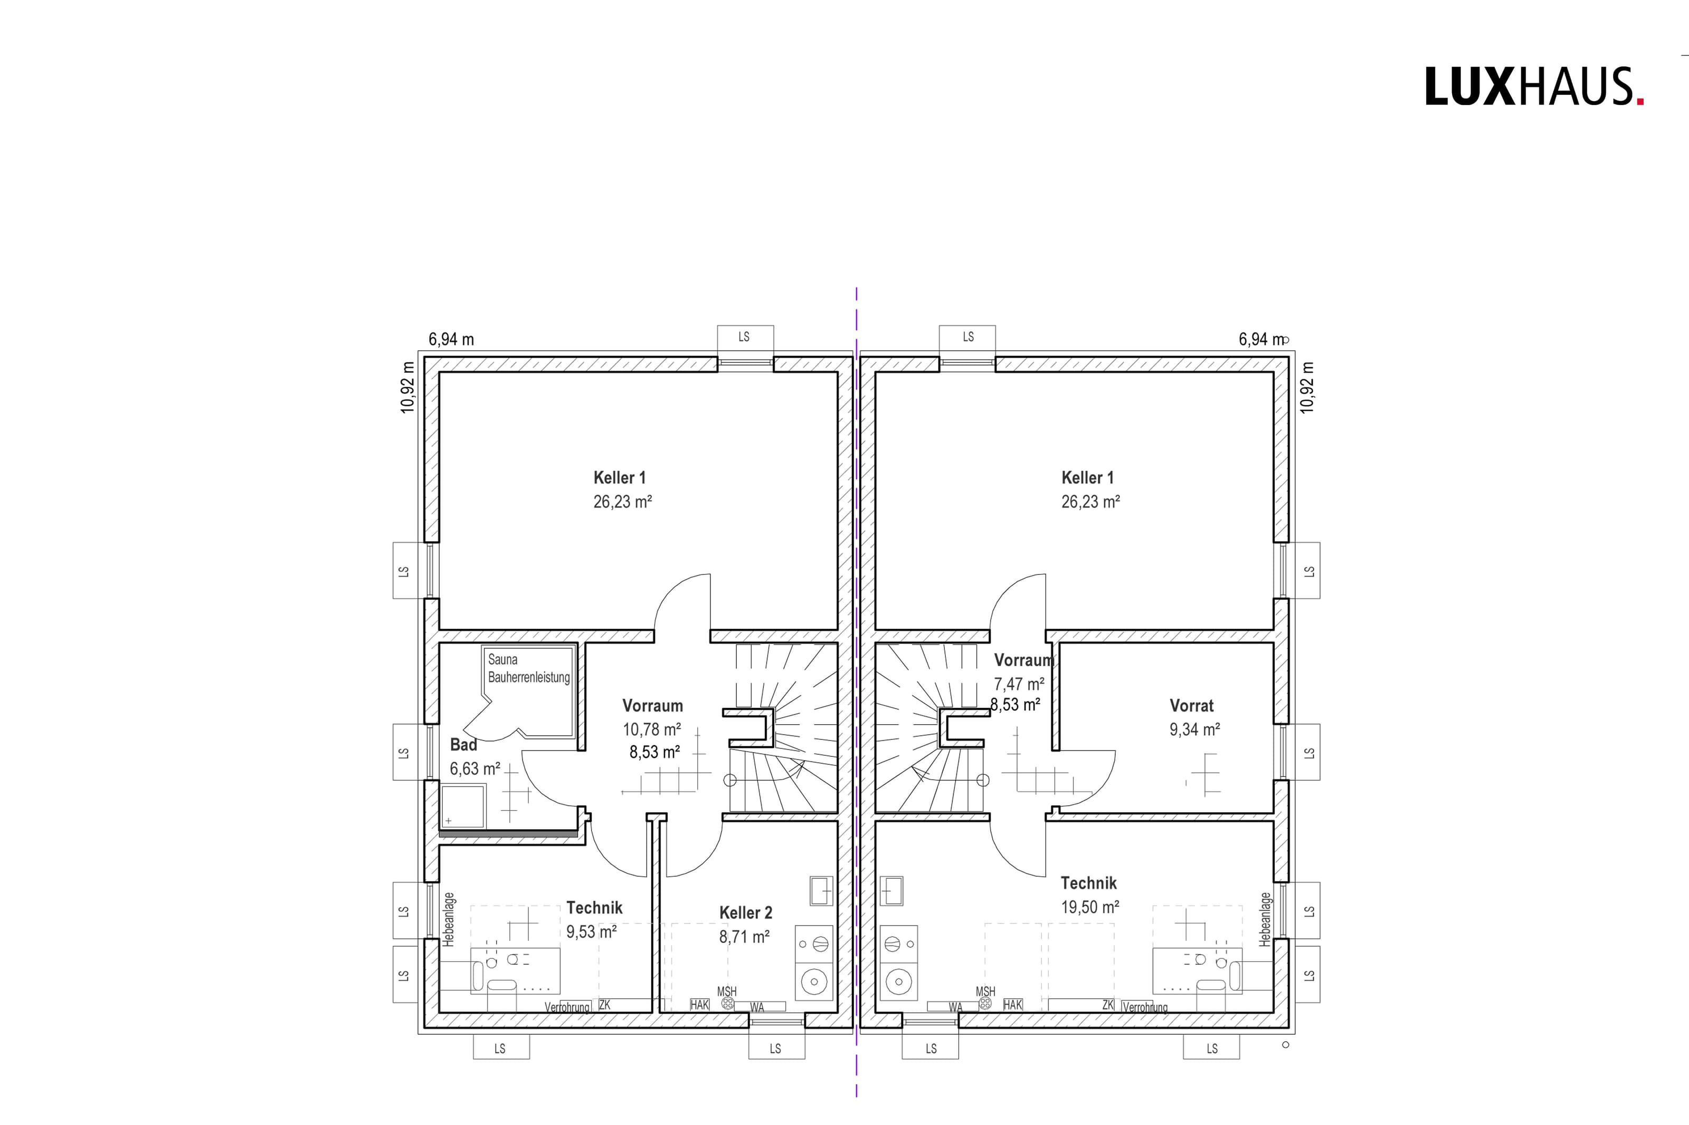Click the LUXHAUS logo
pos(1534,87)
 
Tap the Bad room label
pos(464,745)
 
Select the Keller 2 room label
pos(746,912)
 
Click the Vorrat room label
pos(1192,705)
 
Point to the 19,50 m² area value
pos(1089,907)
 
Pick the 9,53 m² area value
pos(592,931)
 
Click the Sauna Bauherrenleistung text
pos(529,668)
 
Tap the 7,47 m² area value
pos(1019,684)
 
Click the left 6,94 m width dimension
pos(451,339)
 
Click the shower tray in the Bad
pos(463,806)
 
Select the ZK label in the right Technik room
pos(1107,1005)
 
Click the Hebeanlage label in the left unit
pos(449,919)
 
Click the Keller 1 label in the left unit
pos(620,478)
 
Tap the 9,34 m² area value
pos(1194,729)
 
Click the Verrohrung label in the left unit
pos(567,1007)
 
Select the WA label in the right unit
pos(955,1007)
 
